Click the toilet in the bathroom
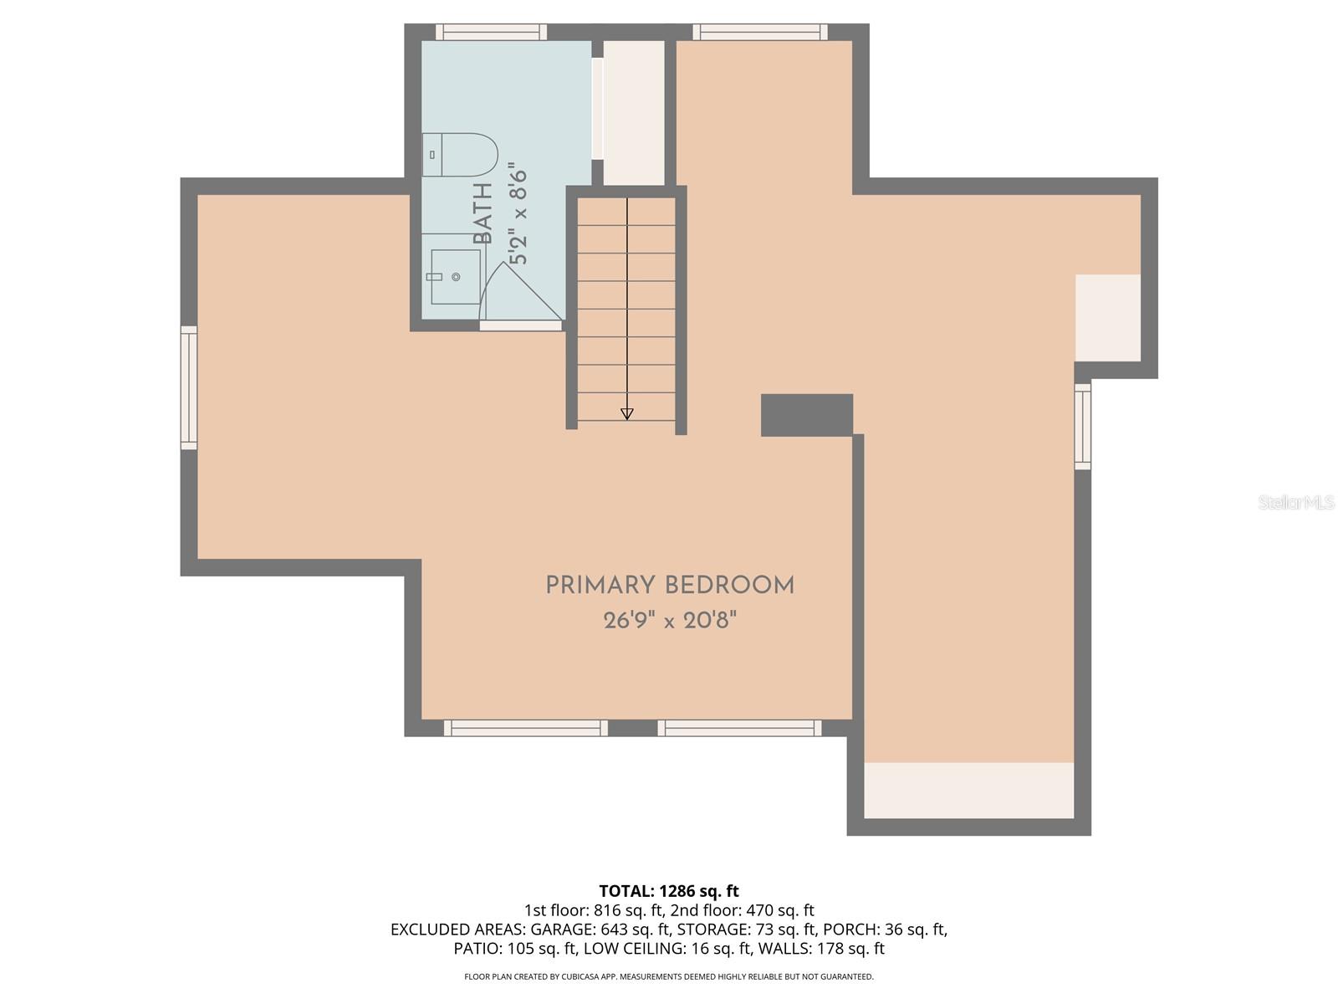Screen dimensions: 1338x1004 tap(460, 155)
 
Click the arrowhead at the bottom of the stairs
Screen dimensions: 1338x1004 tap(626, 413)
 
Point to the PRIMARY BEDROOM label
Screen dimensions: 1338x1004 tap(670, 586)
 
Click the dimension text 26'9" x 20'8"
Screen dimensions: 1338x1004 tap(670, 621)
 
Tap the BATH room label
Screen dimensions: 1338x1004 tap(483, 214)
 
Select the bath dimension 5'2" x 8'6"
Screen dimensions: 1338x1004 tap(518, 217)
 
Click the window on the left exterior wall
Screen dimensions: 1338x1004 tap(190, 388)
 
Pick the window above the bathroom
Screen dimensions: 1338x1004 tap(491, 33)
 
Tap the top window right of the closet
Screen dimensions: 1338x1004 tap(760, 33)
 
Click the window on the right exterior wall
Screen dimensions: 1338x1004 tap(1082, 426)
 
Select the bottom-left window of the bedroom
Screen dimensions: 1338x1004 tap(525, 728)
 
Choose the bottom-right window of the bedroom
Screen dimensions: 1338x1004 tap(739, 728)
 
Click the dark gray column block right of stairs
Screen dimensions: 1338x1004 tap(806, 415)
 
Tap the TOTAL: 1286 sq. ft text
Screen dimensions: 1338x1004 tap(669, 891)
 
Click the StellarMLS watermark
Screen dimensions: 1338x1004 tap(1295, 502)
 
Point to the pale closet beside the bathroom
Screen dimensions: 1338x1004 tap(634, 113)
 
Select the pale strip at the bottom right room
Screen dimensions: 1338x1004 tap(968, 790)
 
